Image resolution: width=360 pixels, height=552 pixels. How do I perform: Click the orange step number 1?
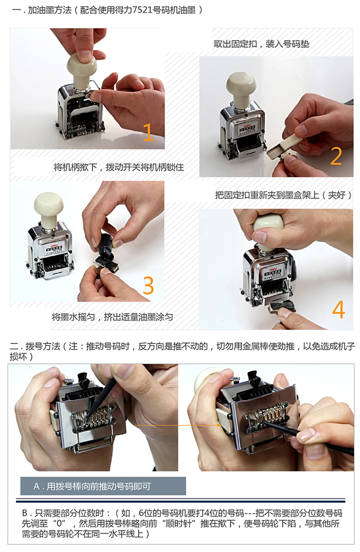(148, 132)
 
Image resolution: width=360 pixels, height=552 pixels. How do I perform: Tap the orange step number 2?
(336, 156)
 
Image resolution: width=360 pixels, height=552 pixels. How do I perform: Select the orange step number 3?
(148, 285)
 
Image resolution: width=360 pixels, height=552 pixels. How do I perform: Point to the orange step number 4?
(338, 309)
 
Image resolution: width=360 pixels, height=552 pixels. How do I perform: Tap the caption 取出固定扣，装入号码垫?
(262, 44)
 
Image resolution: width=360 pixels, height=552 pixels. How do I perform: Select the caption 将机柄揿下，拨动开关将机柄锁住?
(119, 167)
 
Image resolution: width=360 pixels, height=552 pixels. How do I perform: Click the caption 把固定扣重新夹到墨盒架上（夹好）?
(284, 195)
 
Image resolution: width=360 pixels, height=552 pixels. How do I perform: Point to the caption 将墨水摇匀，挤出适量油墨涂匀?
(112, 317)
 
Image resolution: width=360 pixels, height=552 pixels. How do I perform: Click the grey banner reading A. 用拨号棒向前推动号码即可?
(103, 486)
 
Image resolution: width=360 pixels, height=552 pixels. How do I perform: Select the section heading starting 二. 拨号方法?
(182, 351)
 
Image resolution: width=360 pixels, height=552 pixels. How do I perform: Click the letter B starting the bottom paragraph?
(25, 513)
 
